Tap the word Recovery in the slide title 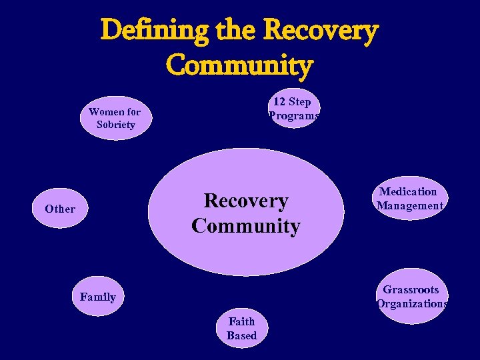[x=321, y=30]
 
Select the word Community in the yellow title [x=239, y=65]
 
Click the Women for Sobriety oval [x=115, y=119]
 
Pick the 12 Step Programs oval [x=293, y=109]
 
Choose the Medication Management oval [x=409, y=199]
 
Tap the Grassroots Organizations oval [x=411, y=297]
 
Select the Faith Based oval [x=241, y=329]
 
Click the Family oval [x=97, y=297]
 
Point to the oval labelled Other [x=60, y=209]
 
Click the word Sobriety [x=115, y=125]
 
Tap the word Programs [x=294, y=116]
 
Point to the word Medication [x=408, y=192]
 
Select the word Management [x=409, y=206]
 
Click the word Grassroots [x=411, y=290]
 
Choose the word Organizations [x=412, y=304]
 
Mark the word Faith [x=241, y=321]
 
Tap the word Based [x=241, y=335]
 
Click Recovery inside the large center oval [x=245, y=201]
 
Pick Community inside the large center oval [x=245, y=226]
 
